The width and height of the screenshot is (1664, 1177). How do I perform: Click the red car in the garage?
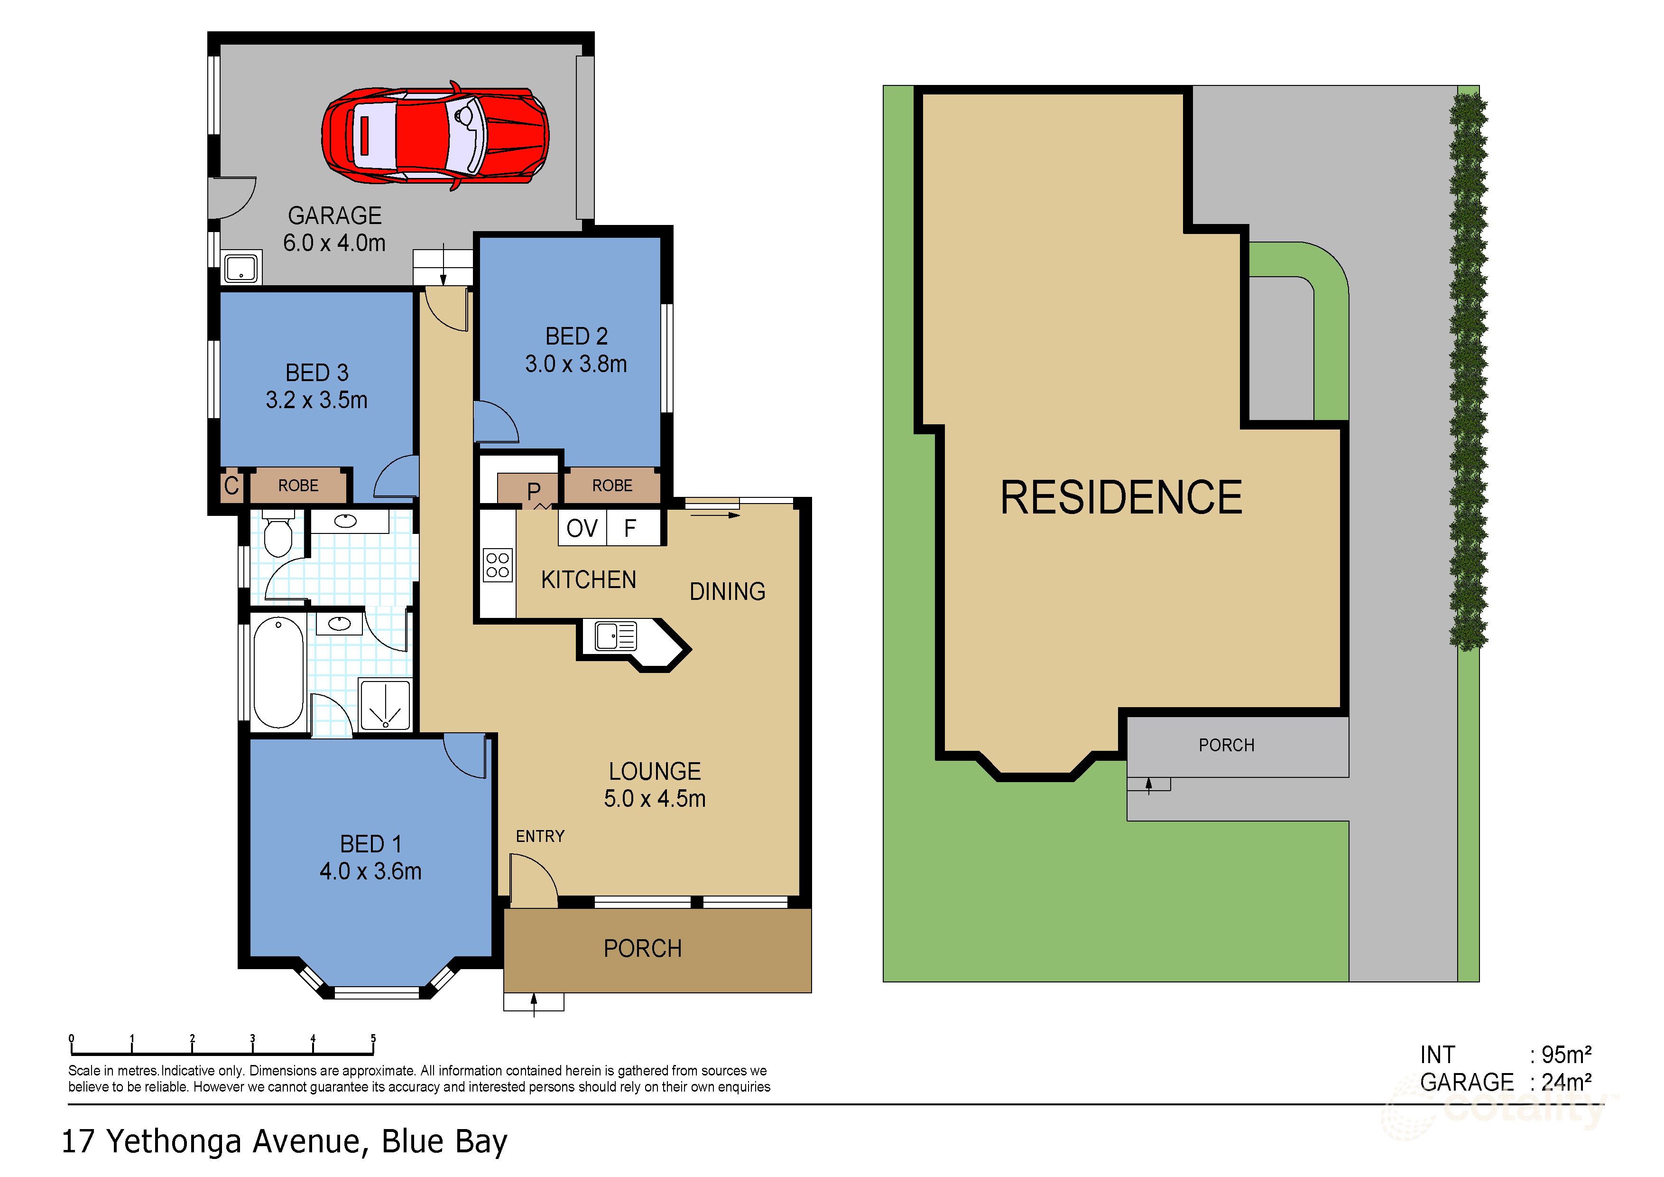[435, 136]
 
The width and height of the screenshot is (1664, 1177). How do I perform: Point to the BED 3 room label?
[317, 373]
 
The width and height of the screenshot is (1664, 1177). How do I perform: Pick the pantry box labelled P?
[534, 491]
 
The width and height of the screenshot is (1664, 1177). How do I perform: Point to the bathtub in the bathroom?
[278, 672]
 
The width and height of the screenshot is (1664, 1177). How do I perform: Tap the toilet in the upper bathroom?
[277, 534]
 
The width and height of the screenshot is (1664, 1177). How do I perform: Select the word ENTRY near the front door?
[540, 836]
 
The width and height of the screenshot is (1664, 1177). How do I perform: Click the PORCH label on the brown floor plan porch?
[643, 949]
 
